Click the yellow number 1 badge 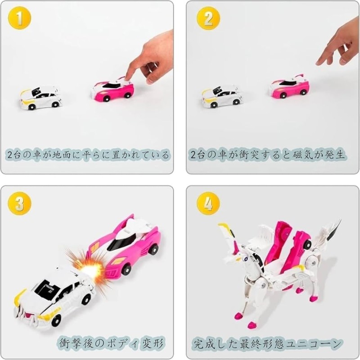pos(19,18)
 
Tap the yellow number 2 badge pos(208,18)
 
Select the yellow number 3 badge pos(19,203)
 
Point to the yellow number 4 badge pos(208,203)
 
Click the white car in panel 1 pos(40,98)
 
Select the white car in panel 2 pos(221,97)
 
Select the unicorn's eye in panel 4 pos(246,260)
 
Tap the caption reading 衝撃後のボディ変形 pos(112,343)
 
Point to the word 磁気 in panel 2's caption pos(302,155)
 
